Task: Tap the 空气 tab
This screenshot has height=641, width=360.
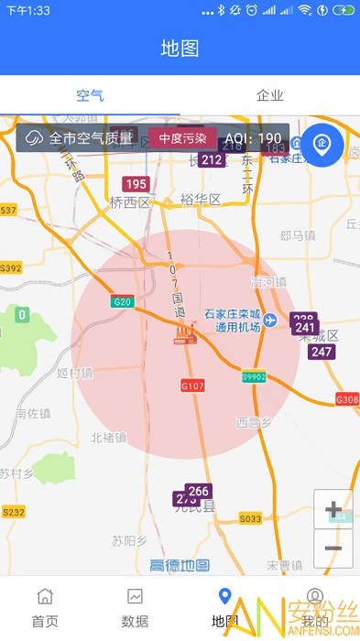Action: [90, 95]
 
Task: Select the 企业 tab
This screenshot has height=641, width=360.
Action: [269, 95]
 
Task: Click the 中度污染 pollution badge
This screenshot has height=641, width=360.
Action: [183, 138]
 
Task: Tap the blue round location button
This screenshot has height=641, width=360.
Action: [322, 142]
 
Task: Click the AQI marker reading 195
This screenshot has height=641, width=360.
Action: [136, 184]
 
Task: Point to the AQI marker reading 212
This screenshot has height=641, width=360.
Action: [212, 160]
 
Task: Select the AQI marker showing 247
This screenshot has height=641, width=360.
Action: [322, 352]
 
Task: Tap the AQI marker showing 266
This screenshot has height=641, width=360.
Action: [198, 491]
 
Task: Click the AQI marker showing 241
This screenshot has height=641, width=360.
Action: [305, 328]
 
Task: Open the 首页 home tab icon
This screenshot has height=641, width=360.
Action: [45, 597]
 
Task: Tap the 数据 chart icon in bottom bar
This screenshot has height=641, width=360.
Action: [135, 597]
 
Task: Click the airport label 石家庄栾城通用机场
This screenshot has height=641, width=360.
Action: [234, 320]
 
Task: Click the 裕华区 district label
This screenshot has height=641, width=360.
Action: [201, 200]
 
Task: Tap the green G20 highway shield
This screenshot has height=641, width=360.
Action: [122, 301]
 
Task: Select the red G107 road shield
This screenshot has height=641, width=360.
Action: [192, 386]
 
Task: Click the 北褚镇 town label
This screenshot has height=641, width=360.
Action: [108, 438]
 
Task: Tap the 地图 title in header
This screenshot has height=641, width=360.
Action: [180, 49]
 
